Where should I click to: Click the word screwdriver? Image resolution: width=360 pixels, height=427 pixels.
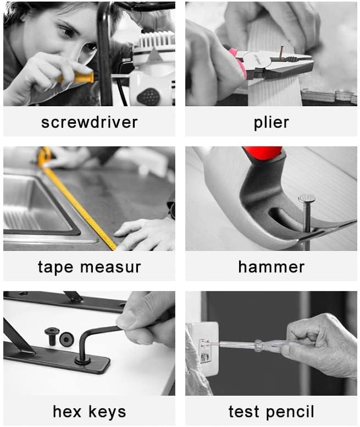(89, 122)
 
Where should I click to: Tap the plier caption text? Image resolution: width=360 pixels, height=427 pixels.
(271, 122)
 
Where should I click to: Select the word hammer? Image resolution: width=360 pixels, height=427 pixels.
(271, 267)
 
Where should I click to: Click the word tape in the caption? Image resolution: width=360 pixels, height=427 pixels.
(56, 267)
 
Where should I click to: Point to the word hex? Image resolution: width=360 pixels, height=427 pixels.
(67, 412)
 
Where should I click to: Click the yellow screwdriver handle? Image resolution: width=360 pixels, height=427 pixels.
(76, 78)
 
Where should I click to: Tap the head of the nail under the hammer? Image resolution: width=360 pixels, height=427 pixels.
(307, 198)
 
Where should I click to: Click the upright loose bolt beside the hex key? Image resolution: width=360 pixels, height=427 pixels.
(52, 336)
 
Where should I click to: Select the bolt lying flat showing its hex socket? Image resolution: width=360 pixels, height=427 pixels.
(67, 340)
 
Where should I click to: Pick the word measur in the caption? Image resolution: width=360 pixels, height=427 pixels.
(110, 267)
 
